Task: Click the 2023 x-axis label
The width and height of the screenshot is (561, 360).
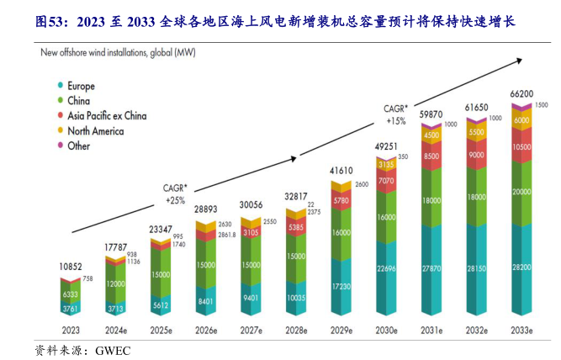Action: [x=71, y=330]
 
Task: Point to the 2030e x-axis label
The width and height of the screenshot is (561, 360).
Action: [x=388, y=330]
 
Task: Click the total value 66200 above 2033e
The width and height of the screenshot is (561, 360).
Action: [x=523, y=95]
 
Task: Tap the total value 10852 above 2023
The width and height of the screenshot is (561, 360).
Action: [x=70, y=267]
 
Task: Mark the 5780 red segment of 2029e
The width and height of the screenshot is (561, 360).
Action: [x=342, y=201]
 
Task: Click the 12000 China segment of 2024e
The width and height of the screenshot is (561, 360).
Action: [x=116, y=284]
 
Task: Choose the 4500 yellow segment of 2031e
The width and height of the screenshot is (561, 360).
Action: [x=432, y=135]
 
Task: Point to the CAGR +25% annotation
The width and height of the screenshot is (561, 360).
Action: [x=175, y=194]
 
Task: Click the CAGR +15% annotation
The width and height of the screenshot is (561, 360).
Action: [x=395, y=114]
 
